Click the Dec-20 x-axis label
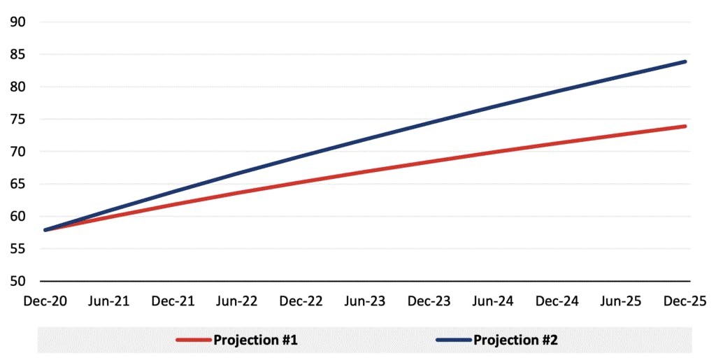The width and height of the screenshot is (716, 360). click(44, 301)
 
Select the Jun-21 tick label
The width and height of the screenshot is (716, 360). click(108, 301)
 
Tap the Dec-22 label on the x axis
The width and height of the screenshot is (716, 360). click(301, 301)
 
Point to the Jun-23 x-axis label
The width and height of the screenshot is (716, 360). click(365, 301)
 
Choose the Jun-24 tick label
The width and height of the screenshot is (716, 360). click(494, 301)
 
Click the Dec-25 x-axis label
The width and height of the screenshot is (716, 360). click(686, 301)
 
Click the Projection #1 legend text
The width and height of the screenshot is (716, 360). click(255, 340)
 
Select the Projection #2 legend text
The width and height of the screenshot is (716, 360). click(515, 340)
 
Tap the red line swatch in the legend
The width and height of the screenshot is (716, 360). click(193, 340)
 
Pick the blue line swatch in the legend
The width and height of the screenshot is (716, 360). click(453, 340)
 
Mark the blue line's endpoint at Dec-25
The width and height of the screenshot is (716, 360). click(686, 62)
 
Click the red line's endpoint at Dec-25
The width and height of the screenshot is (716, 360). click(686, 126)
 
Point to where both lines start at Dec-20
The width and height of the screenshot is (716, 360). click(45, 230)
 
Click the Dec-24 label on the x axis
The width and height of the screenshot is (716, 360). click(557, 301)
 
